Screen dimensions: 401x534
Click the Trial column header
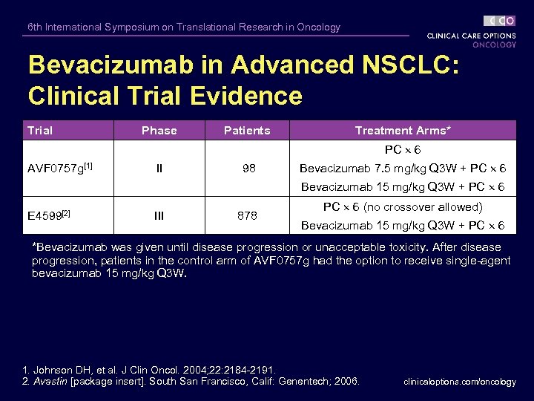click(x=40, y=131)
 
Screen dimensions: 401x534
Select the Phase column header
click(x=159, y=131)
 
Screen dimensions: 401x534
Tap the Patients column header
click(x=247, y=131)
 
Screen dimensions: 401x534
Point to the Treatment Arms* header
click(x=403, y=131)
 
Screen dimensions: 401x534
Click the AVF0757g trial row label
click(x=56, y=169)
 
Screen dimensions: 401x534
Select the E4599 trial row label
click(x=48, y=215)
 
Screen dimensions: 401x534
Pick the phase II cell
click(x=159, y=169)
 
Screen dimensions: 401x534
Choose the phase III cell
click(x=159, y=215)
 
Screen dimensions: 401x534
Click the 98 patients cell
click(x=249, y=169)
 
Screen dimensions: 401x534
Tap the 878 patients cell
click(x=247, y=215)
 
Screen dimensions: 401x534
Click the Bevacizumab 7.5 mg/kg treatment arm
click(x=403, y=169)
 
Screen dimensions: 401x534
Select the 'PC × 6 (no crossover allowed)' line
click(x=403, y=206)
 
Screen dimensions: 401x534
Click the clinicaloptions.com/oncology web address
click(x=460, y=382)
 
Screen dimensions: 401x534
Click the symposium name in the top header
click(x=184, y=27)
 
